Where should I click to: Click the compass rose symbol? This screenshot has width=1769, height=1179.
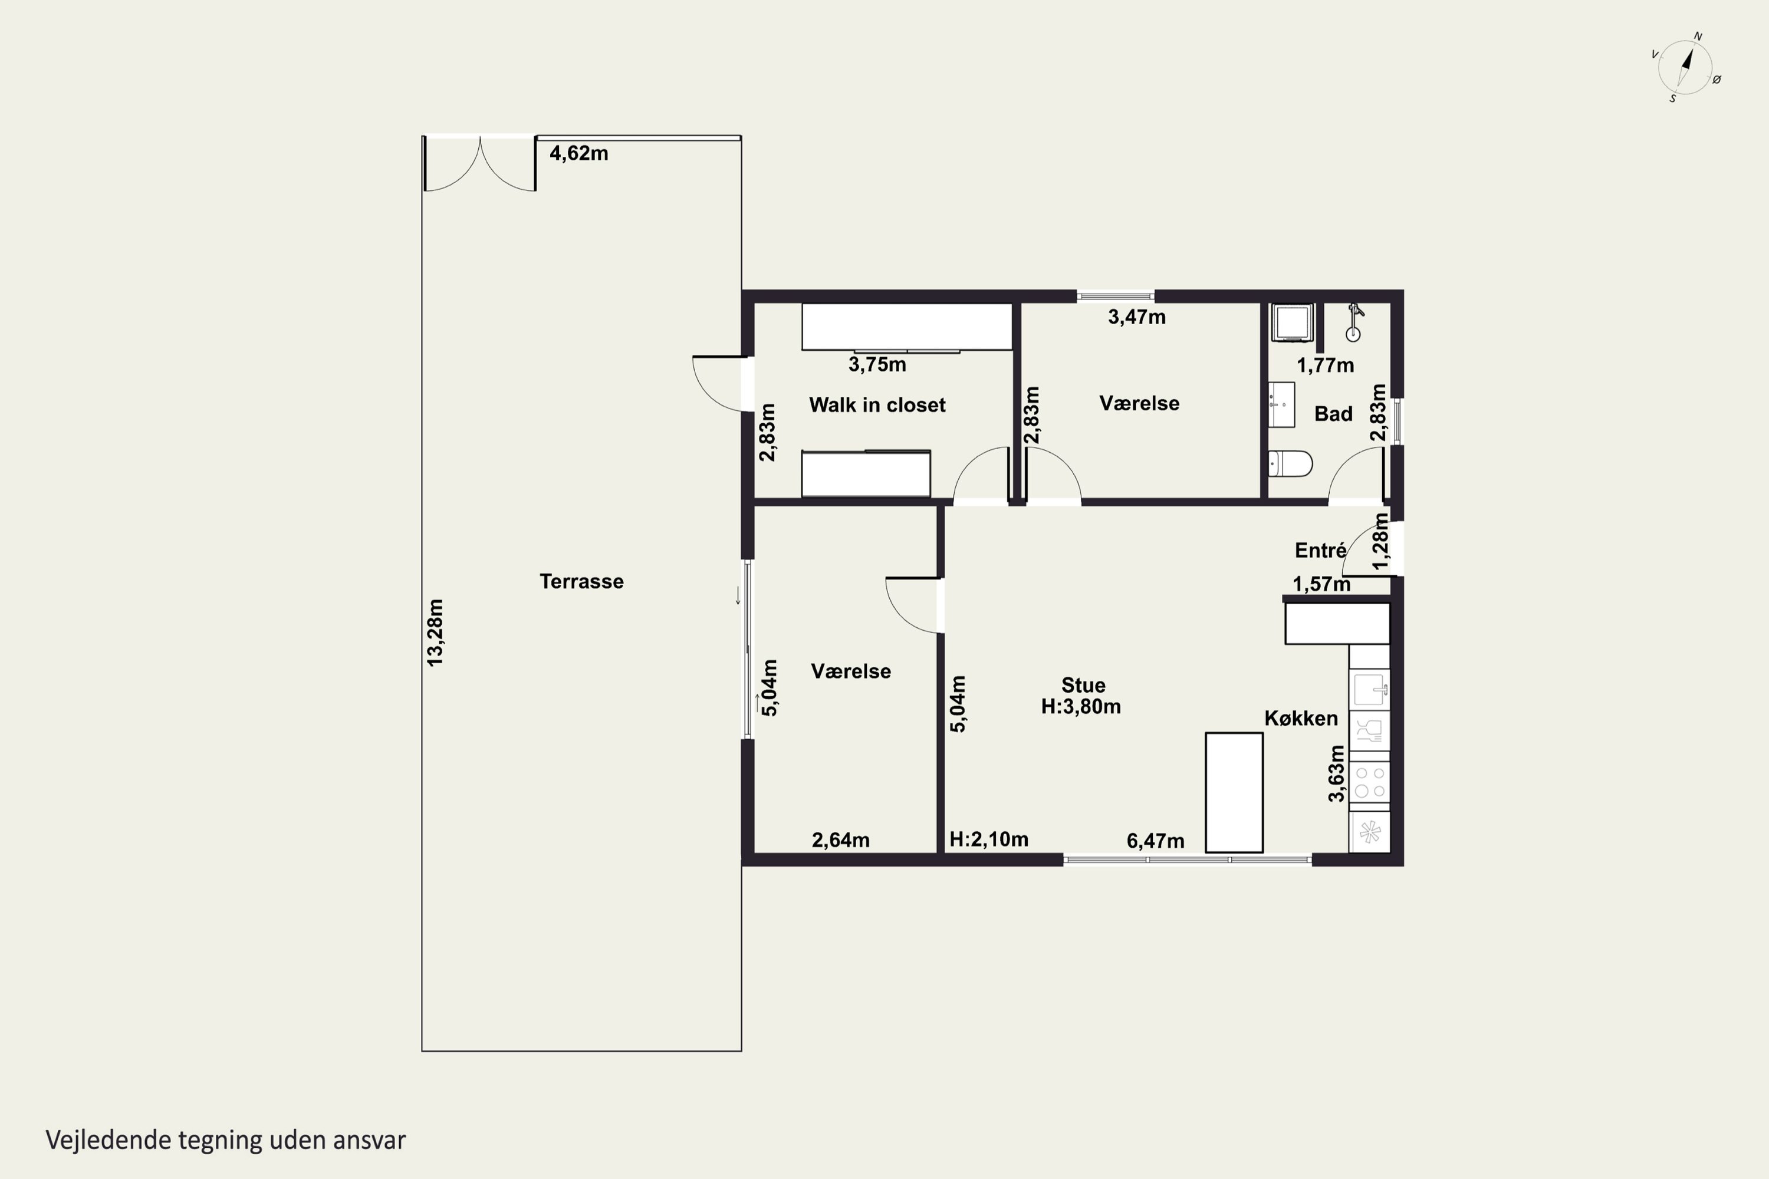click(x=1685, y=68)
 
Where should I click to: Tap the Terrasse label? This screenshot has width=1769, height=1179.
click(x=581, y=581)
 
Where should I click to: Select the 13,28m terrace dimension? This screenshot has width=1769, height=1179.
click(x=436, y=633)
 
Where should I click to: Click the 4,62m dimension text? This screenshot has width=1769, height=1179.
click(x=578, y=153)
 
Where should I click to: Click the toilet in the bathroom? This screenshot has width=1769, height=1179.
click(x=1290, y=463)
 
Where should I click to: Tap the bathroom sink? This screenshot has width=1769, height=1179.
click(x=1281, y=404)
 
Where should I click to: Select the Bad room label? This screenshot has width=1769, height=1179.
click(x=1333, y=414)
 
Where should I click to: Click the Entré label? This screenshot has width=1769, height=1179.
click(x=1320, y=551)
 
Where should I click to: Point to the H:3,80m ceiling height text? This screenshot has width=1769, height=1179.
click(x=1081, y=707)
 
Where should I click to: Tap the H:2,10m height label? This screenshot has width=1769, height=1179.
click(x=988, y=839)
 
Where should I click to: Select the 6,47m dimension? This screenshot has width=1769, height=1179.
click(x=1155, y=841)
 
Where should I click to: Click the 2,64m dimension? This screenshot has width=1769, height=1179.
click(x=840, y=840)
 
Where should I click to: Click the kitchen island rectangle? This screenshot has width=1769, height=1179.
click(x=1234, y=792)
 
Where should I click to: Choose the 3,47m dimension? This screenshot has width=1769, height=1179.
click(x=1136, y=317)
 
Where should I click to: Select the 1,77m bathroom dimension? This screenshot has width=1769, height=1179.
click(x=1325, y=365)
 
